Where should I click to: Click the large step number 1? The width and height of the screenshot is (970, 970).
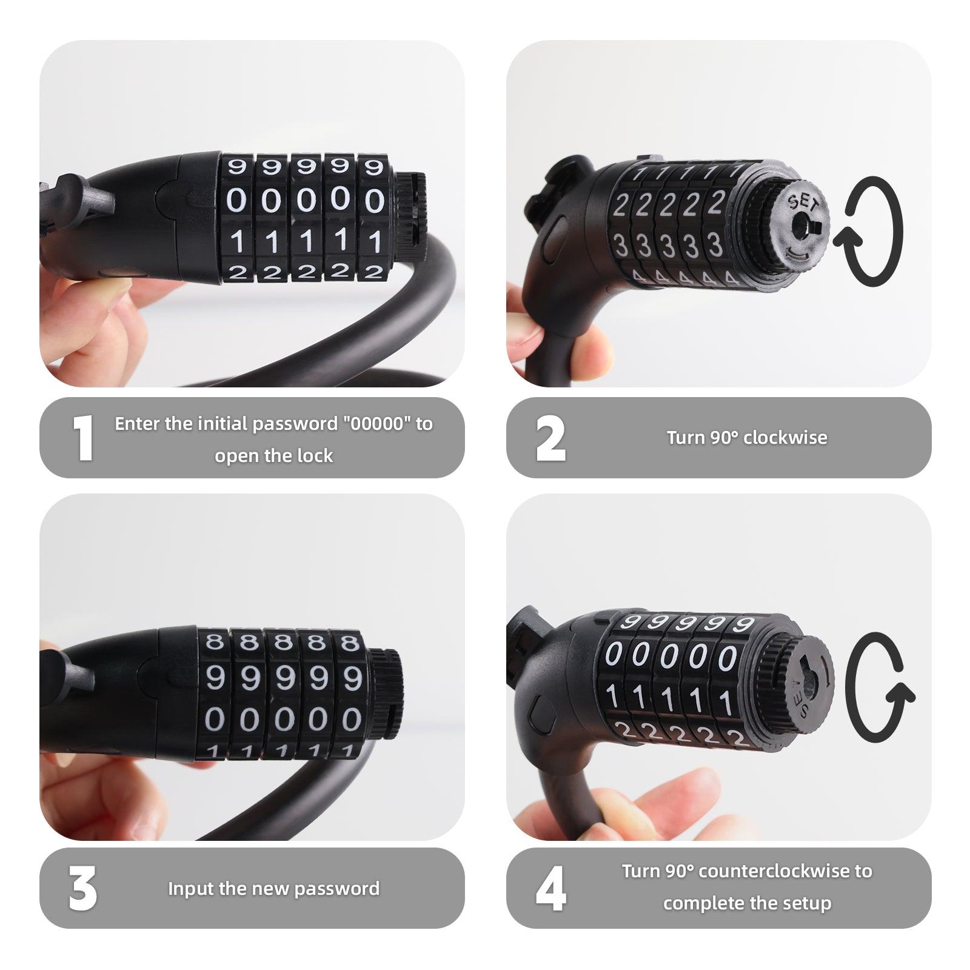pyautogui.click(x=82, y=438)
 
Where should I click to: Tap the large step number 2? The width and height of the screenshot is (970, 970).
pyautogui.click(x=550, y=438)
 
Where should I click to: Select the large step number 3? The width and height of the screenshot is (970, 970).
pyautogui.click(x=82, y=888)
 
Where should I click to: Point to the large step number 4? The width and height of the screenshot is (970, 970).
pyautogui.click(x=550, y=888)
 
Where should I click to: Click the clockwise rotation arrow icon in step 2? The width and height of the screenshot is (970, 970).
pyautogui.click(x=868, y=232)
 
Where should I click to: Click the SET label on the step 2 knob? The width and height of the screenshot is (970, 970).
pyautogui.click(x=803, y=203)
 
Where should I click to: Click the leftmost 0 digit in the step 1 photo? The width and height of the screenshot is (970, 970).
pyautogui.click(x=237, y=200)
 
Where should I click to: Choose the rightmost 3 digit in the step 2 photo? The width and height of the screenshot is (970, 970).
pyautogui.click(x=715, y=244)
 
